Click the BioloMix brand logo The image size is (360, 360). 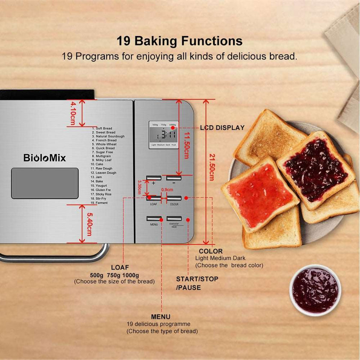click(x=45, y=158)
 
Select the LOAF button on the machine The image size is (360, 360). click(x=153, y=198)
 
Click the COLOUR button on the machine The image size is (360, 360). click(x=174, y=198)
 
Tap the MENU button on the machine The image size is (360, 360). click(x=153, y=219)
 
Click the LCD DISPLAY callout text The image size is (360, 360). click(x=222, y=128)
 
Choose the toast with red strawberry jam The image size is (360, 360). click(x=260, y=195)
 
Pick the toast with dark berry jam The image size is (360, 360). click(x=315, y=170)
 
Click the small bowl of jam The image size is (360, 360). click(x=315, y=290)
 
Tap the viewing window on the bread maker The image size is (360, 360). click(x=45, y=183)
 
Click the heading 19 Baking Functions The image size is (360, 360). click(x=180, y=41)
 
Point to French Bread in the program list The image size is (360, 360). click(x=106, y=141)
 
